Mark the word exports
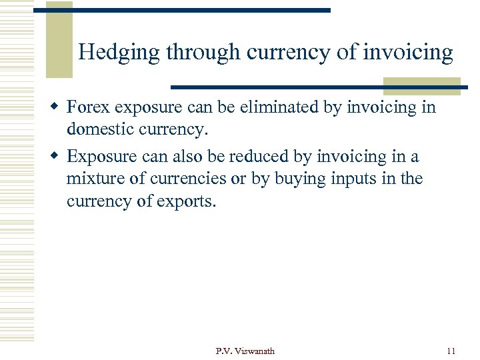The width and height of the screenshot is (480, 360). click(x=187, y=201)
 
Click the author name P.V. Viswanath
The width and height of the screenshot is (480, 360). click(x=245, y=351)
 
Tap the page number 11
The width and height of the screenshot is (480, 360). click(x=451, y=351)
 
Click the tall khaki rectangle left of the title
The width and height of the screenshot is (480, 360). click(x=59, y=40)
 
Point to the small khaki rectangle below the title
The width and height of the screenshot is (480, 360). click(x=421, y=86)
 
